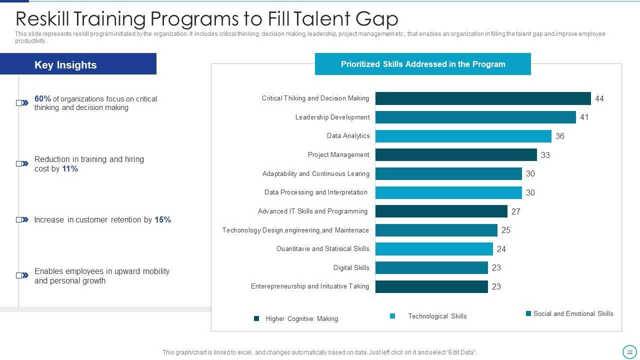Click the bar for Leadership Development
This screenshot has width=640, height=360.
point(475,117)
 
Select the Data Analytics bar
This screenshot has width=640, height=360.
point(463,136)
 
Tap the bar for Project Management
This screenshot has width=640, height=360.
point(455,155)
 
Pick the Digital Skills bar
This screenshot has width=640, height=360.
point(431,268)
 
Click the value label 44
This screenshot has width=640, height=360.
point(599,99)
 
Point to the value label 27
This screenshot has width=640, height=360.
point(515,211)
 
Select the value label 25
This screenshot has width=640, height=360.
point(505,230)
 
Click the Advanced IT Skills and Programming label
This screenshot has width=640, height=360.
point(312,211)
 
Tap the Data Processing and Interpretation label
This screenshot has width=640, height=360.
point(315,192)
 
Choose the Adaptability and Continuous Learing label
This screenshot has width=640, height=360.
point(315,174)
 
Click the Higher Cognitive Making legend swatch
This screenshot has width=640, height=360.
point(256,318)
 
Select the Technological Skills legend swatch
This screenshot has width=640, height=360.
point(392,316)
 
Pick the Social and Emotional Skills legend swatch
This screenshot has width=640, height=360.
point(528,313)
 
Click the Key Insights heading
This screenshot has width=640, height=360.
point(65,65)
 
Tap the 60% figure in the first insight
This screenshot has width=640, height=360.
point(42,99)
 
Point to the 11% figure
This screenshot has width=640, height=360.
point(70,169)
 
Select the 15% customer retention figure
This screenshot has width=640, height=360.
point(162,220)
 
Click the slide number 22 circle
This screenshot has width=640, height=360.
point(629,352)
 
